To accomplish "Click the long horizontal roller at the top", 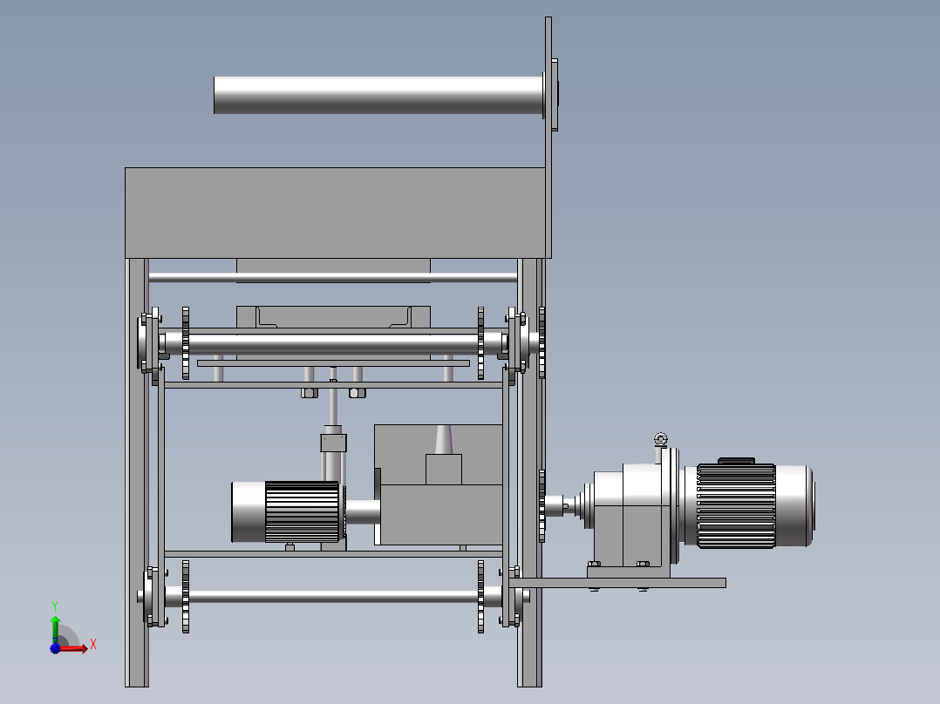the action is [378, 95].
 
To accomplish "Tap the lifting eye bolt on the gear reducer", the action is [661, 440].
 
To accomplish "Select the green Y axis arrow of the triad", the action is [55, 627].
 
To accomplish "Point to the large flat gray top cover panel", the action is [335, 213].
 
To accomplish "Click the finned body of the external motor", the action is [736, 505].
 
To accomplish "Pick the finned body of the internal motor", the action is [303, 512].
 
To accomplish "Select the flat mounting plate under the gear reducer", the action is [617, 582].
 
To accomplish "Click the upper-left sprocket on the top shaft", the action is [185, 343].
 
